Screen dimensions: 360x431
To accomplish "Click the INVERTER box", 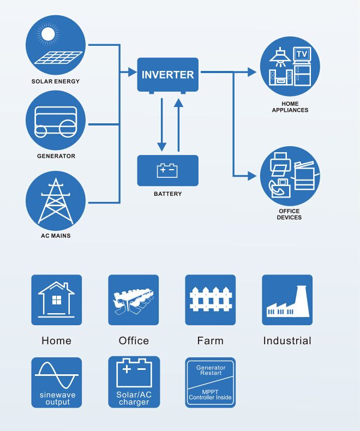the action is tap(167, 75).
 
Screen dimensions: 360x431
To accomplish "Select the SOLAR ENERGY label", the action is tap(56, 81).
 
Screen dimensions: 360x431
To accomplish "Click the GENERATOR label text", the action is tap(56, 156).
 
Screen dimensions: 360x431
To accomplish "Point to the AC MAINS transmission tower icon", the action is tap(56, 201).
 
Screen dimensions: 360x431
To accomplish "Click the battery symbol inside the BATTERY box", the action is tap(167, 170).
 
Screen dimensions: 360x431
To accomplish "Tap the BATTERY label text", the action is tap(167, 194).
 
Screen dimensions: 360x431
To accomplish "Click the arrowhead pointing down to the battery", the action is tap(161, 147).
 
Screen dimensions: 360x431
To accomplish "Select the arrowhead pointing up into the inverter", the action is tap(178, 103).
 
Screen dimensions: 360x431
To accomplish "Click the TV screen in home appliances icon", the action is tap(302, 54).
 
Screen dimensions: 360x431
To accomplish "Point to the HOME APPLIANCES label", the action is tap(290, 107).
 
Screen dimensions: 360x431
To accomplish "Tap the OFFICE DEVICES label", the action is tap(289, 214).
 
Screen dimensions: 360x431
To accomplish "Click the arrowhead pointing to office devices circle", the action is tap(251, 176).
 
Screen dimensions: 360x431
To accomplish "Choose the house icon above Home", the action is tap(56, 300).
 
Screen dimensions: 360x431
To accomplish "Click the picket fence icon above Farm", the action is tap(211, 299).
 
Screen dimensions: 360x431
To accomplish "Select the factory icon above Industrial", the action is tap(287, 301).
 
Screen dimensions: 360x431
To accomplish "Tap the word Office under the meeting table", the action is tap(134, 341).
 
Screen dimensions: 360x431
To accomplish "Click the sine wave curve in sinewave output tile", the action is tap(57, 375).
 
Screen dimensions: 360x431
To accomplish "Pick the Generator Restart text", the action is tap(211, 370).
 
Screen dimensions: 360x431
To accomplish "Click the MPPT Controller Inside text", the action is tap(210, 394).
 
